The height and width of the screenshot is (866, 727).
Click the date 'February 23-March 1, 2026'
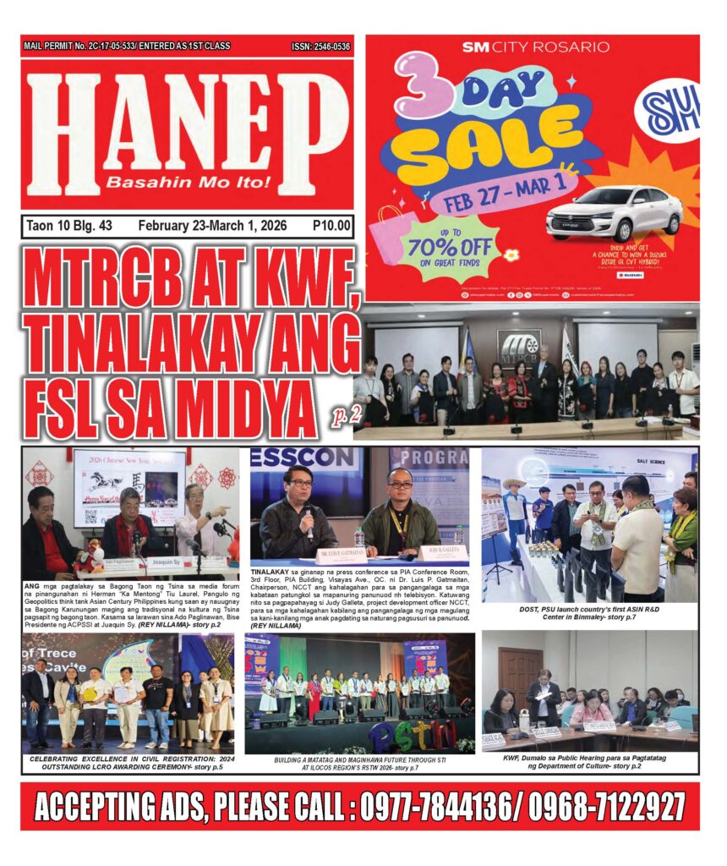[212, 226]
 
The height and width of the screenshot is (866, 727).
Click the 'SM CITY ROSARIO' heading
[534, 47]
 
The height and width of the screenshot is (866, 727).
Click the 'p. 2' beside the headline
[342, 414]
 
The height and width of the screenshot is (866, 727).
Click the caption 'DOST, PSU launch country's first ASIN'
[588, 611]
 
